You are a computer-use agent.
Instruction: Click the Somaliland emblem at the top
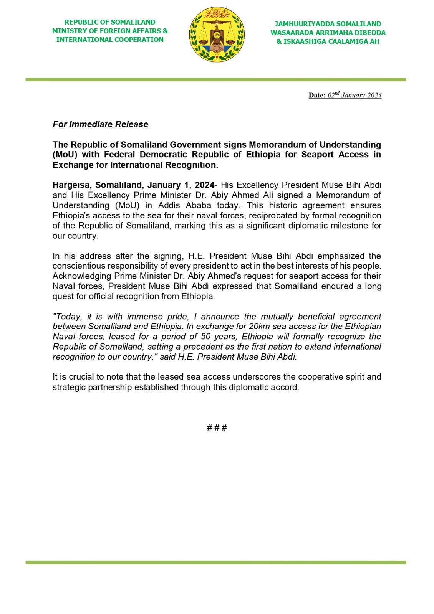(217, 35)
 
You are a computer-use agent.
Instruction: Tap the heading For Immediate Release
(100, 124)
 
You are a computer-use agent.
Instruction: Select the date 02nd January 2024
(354, 95)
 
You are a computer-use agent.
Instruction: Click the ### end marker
(217, 427)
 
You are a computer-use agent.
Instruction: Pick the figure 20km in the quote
(259, 327)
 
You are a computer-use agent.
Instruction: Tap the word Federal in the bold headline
(119, 155)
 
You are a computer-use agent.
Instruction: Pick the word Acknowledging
(81, 276)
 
